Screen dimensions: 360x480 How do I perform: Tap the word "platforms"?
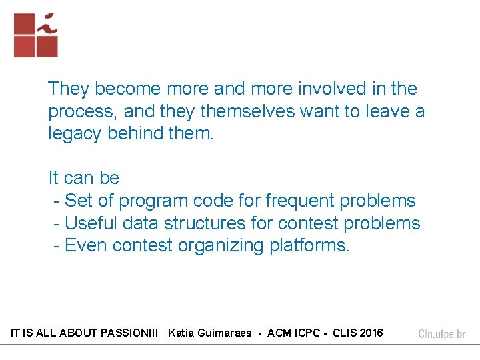coord(309,245)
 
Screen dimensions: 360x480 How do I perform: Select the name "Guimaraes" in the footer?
coord(225,333)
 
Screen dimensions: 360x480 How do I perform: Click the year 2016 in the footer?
coord(371,333)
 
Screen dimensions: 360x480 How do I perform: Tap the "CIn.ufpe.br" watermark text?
coord(441,334)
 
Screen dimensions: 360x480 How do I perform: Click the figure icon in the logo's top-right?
coord(47,23)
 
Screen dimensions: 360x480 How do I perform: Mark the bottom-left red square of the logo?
coord(24,47)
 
